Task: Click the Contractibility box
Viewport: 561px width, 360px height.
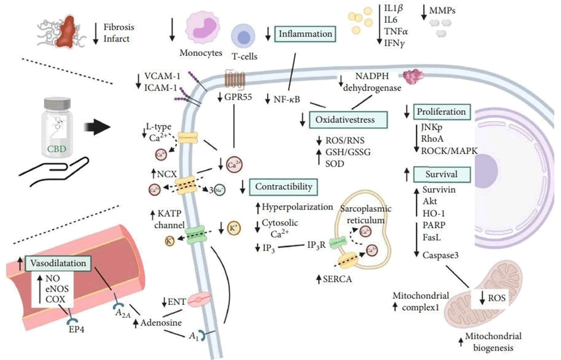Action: (x=283, y=187)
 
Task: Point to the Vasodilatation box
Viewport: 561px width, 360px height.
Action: (x=60, y=262)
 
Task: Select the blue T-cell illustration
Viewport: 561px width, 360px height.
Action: (x=244, y=37)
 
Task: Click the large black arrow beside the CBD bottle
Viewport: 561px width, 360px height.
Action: (x=95, y=126)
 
